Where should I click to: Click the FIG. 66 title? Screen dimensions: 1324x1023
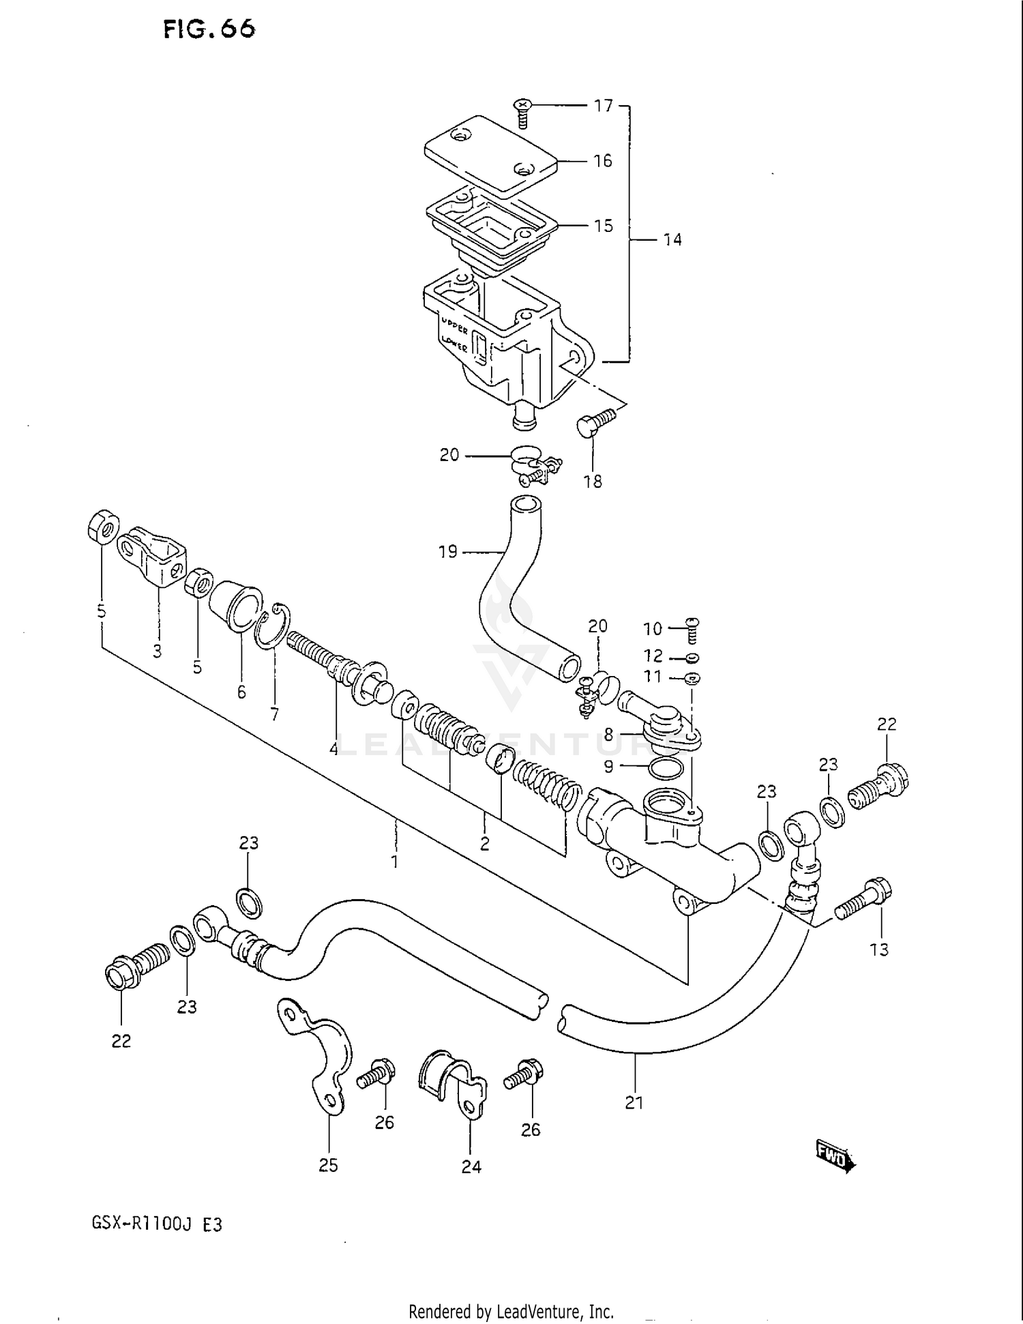coord(209,29)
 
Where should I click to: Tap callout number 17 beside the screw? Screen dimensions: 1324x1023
coord(603,106)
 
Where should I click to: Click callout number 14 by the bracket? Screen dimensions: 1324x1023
coord(672,239)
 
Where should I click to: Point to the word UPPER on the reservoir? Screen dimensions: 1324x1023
coord(454,323)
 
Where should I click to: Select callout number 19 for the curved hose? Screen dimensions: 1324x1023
coord(447,551)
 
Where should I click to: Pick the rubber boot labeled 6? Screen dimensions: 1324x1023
coord(235,606)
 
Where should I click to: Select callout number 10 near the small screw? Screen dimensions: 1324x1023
coord(653,628)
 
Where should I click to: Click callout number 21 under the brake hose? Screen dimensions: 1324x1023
coord(634,1102)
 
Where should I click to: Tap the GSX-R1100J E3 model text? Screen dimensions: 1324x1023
coord(156,1224)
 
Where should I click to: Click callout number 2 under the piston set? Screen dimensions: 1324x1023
coord(484,844)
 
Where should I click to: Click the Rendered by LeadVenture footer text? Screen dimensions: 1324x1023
coord(511,1311)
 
